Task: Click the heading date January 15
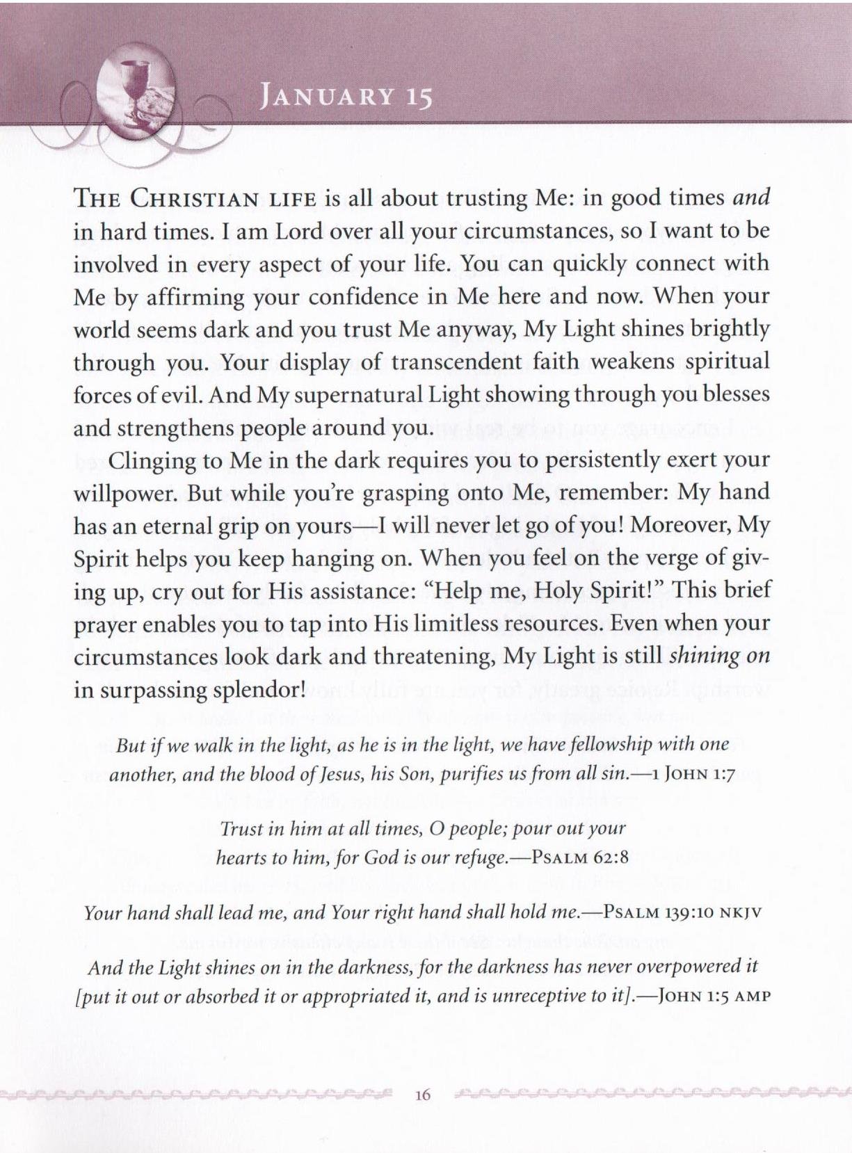(345, 97)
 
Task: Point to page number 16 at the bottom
(422, 1095)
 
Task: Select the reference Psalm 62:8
(579, 857)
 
